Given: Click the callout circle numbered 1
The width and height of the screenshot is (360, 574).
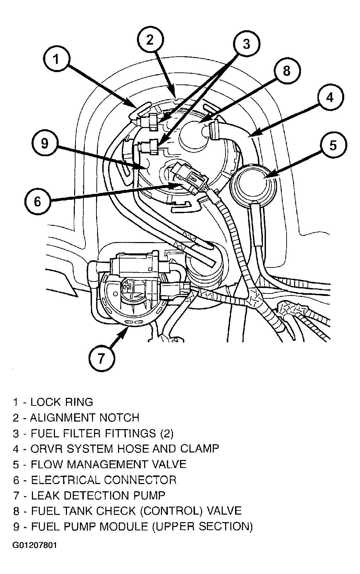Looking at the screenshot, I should (57, 59).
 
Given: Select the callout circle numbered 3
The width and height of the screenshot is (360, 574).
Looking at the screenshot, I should (246, 44).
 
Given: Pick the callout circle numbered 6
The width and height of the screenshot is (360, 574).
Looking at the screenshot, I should (37, 201).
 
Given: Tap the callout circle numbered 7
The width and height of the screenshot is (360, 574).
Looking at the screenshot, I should (102, 358).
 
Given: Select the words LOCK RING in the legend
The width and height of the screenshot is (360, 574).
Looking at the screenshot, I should (62, 402).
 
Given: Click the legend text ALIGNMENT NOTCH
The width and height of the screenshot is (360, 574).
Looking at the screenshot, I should (85, 417).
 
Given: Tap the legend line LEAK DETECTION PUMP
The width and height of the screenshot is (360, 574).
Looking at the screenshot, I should (98, 495).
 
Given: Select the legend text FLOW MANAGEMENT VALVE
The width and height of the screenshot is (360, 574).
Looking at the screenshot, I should (108, 464).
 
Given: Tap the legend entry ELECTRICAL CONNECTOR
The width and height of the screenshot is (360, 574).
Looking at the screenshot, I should (104, 480).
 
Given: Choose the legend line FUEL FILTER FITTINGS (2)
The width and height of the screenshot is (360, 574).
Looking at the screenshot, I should (102, 433).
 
